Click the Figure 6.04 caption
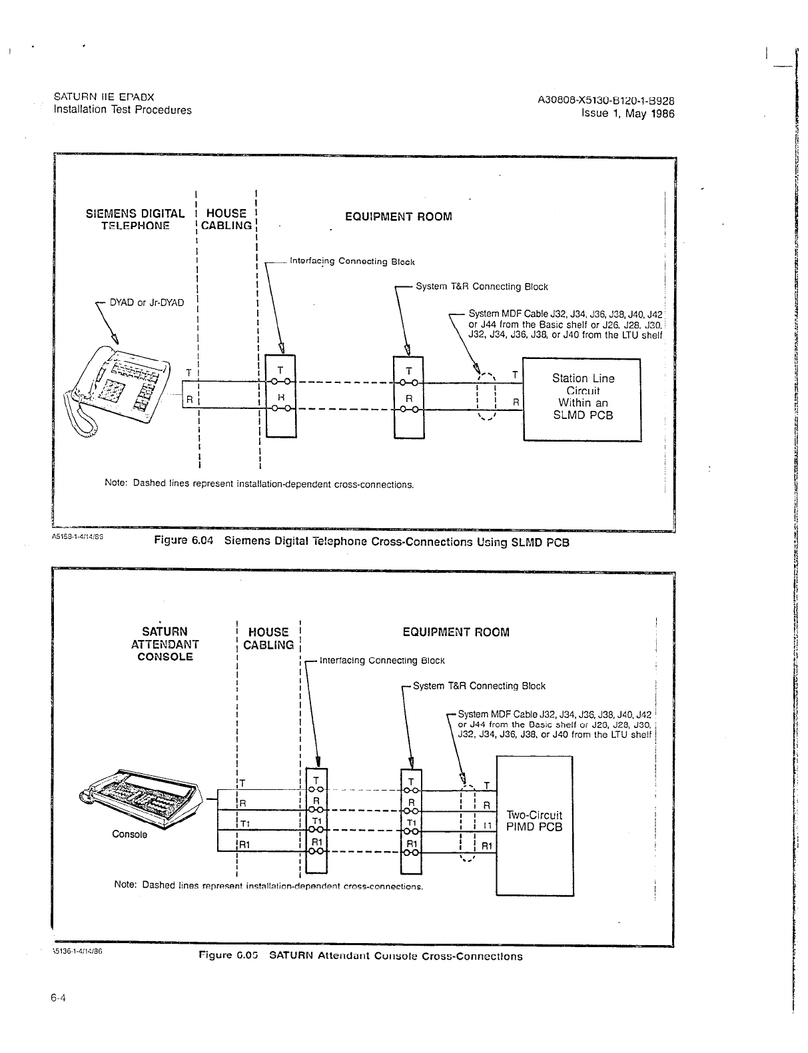pos(362,541)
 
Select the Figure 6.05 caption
pos(361,956)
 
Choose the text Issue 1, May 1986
pos(627,113)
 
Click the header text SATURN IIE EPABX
pos(104,97)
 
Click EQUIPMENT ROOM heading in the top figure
pos(398,217)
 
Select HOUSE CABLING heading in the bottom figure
pos(268,638)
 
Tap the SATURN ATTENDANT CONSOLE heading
pos(165,643)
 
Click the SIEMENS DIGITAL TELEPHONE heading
pos(135,219)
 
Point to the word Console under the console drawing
pos(130,834)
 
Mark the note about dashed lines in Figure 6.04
pos(259,484)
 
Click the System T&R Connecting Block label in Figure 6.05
pos(479,686)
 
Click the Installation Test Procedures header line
pos(123,110)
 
